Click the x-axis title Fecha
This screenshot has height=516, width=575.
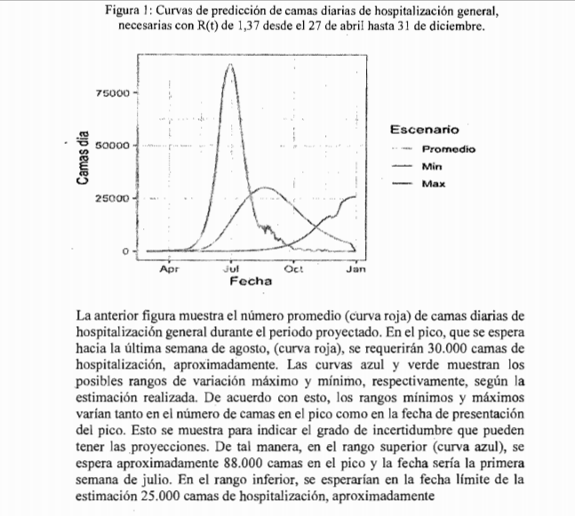coord(251,282)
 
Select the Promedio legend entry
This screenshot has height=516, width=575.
coord(449,149)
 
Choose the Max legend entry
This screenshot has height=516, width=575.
coord(434,184)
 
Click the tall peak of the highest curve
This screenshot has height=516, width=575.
coord(230,65)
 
